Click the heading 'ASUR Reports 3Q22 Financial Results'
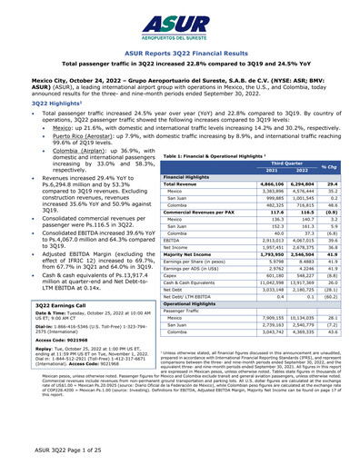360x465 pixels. (x=179, y=54)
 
